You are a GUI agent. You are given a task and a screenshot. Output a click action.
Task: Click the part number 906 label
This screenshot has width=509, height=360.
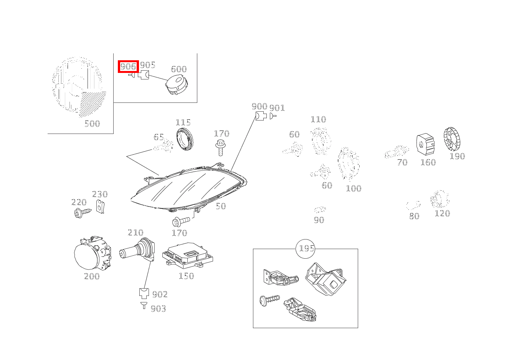128,66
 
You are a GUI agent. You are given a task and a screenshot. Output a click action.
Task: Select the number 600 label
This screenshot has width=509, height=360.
178,69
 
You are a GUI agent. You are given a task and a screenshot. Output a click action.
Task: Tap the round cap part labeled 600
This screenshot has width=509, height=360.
176,84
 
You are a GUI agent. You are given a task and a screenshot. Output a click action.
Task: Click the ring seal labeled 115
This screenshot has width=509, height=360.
186,140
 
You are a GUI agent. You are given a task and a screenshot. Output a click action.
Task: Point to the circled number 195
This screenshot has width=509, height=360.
306,248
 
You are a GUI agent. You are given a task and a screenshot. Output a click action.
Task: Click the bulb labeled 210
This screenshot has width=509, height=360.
137,250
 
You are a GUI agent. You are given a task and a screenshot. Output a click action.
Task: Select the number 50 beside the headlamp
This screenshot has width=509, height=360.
221,206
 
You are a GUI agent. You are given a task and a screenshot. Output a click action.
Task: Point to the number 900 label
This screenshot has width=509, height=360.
259,106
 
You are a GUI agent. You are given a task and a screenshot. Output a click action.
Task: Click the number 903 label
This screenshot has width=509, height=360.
158,309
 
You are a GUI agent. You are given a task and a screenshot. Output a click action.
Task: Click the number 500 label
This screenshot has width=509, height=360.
92,124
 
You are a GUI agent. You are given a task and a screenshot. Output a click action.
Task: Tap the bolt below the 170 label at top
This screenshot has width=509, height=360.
220,147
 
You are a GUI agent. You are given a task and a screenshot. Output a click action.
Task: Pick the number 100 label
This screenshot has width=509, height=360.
354,188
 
